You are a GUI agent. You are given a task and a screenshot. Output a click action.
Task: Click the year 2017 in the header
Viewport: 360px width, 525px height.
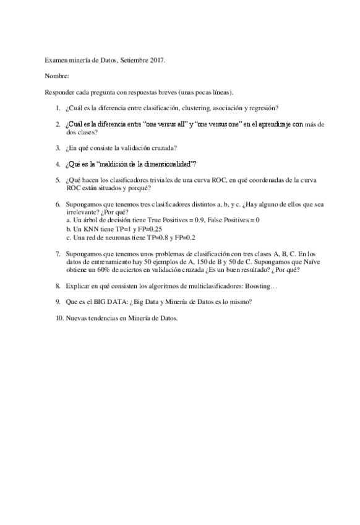click(158, 61)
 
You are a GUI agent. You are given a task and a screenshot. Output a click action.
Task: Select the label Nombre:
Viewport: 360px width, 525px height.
click(57, 77)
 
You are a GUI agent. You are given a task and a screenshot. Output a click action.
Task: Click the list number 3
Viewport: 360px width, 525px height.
click(58, 147)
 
